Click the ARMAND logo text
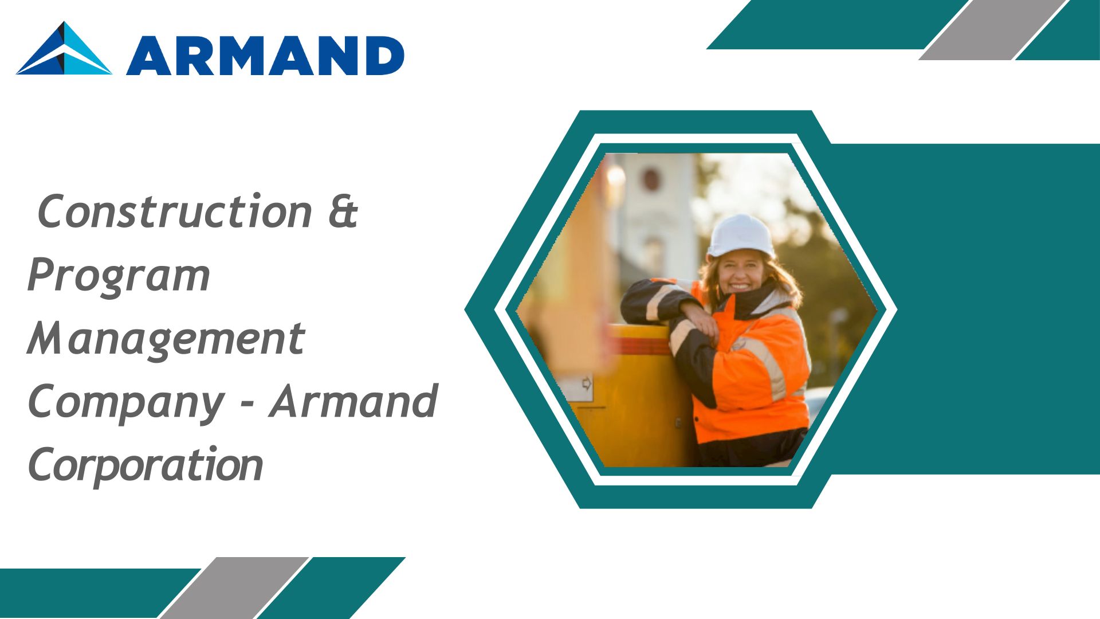(x=265, y=56)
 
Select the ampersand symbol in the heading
(x=343, y=211)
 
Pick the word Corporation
(x=146, y=464)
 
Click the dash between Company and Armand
(x=247, y=405)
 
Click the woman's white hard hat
(x=741, y=236)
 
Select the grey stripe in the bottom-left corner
(x=233, y=587)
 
